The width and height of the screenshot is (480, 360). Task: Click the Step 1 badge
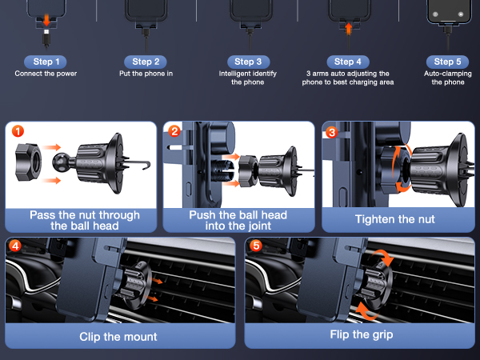click(46, 62)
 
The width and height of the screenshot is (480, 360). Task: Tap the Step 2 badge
click(146, 62)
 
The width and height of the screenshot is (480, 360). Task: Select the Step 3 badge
click(248, 62)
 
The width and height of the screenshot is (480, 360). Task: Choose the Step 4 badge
click(348, 62)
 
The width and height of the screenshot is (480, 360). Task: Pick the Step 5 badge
click(447, 62)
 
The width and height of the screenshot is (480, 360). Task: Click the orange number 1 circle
click(18, 131)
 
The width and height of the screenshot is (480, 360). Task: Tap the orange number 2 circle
click(174, 131)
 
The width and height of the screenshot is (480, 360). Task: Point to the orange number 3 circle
click(331, 132)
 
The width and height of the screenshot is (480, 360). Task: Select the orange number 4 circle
click(14, 246)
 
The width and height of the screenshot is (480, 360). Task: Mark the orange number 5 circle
click(256, 246)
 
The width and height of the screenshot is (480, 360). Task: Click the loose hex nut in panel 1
click(28, 162)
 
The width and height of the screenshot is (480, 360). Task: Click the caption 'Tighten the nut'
click(395, 219)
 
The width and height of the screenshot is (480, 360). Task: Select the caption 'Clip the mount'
click(118, 337)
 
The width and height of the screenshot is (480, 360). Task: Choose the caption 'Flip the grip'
click(362, 334)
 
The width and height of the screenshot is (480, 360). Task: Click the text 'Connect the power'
click(46, 74)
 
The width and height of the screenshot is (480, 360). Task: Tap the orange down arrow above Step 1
click(46, 19)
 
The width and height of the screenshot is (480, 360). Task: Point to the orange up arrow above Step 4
click(348, 29)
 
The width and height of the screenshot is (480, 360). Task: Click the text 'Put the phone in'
click(146, 74)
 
